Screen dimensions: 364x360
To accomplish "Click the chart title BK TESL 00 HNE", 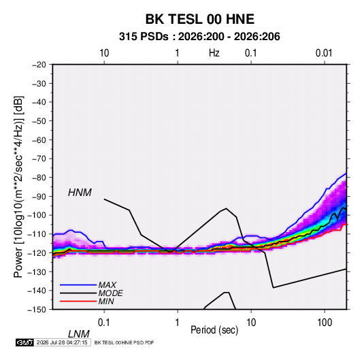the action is pyautogui.click(x=200, y=19).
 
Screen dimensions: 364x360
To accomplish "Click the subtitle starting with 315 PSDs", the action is pyautogui.click(x=199, y=37).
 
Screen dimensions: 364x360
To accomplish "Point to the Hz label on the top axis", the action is pyautogui.click(x=214, y=53).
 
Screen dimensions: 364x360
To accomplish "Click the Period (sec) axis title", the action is pyautogui.click(x=214, y=330).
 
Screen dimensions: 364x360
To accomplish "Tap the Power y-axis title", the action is pyautogui.click(x=18, y=187).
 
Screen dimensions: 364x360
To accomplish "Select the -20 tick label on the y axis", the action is pyautogui.click(x=39, y=65).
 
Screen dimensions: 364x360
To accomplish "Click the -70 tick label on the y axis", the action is pyautogui.click(x=39, y=159).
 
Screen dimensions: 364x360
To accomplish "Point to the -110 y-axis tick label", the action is pyautogui.click(x=37, y=234).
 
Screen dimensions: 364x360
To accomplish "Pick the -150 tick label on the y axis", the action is pyautogui.click(x=37, y=310).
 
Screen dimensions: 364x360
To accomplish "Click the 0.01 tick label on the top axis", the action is pyautogui.click(x=324, y=53).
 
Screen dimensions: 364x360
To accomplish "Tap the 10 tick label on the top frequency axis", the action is pyautogui.click(x=104, y=53).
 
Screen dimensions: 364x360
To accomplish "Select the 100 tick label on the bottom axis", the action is pyautogui.click(x=325, y=323).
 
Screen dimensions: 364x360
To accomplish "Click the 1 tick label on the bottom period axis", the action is pyautogui.click(x=177, y=323).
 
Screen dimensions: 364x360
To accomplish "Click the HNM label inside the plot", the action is pyautogui.click(x=80, y=193).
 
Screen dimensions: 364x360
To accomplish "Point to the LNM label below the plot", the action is pyautogui.click(x=79, y=334).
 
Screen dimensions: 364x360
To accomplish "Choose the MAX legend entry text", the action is pyautogui.click(x=107, y=285).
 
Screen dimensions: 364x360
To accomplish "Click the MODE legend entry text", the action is pyautogui.click(x=110, y=293).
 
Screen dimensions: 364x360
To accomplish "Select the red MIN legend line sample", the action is pyautogui.click(x=78, y=301).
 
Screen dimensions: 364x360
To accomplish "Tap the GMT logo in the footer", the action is pyautogui.click(x=24, y=342).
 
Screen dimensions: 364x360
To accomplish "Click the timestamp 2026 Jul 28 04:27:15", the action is pyautogui.click(x=62, y=342).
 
